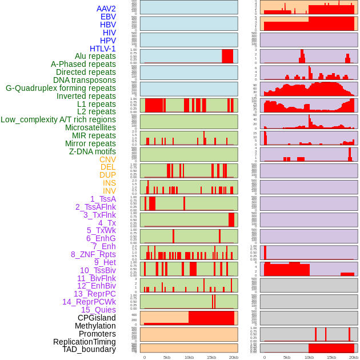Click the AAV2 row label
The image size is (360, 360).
[x=106, y=9]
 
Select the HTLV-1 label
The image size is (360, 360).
[x=103, y=49]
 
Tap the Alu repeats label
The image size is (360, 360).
[x=95, y=56]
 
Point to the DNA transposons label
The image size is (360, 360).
[x=85, y=80]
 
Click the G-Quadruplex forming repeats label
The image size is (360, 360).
[x=61, y=88]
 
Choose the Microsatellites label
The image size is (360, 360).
[x=90, y=127]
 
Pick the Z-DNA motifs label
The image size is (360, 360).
[x=93, y=151]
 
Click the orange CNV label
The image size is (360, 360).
[x=107, y=159]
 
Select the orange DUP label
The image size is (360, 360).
[x=107, y=175]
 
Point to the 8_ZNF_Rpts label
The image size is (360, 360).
[x=93, y=254]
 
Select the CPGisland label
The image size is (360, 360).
[x=97, y=318]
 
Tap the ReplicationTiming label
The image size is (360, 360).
[x=85, y=342]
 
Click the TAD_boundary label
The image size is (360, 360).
[x=89, y=349]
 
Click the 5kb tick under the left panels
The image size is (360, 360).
[x=167, y=357]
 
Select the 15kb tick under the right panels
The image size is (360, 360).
[x=331, y=357]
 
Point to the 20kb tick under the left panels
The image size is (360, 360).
[x=234, y=357]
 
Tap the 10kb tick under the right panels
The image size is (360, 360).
[x=309, y=357]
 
